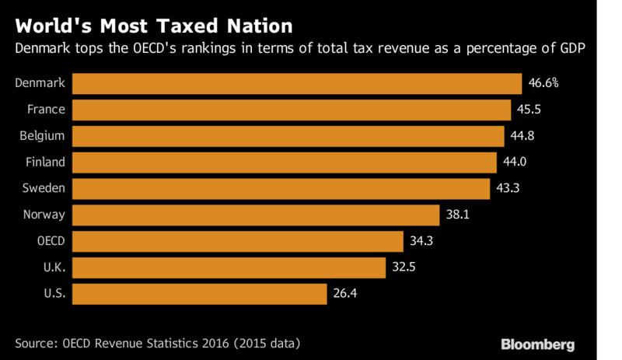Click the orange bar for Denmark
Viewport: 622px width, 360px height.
coord(297,83)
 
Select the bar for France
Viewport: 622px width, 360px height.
coord(292,110)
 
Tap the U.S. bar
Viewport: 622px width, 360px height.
coord(200,294)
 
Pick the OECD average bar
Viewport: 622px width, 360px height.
coord(238,241)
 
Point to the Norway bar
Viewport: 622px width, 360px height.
coord(256,215)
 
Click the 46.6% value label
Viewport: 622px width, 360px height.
coord(543,83)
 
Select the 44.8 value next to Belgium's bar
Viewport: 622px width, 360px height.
coord(522,136)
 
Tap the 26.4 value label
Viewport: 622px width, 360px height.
coord(344,293)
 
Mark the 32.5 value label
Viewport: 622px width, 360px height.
coord(404,267)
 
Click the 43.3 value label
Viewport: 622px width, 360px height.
coord(508,187)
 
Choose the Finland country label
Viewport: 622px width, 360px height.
coord(45,162)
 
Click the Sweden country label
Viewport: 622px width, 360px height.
coord(44,187)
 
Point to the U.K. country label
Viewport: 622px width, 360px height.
coord(54,267)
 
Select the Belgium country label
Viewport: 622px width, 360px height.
coord(42,136)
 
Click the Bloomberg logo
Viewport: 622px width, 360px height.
coord(537,344)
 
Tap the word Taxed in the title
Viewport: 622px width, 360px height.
coord(187,26)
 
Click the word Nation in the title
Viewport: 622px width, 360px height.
coord(260,26)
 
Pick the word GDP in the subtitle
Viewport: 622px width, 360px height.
coord(572,48)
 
